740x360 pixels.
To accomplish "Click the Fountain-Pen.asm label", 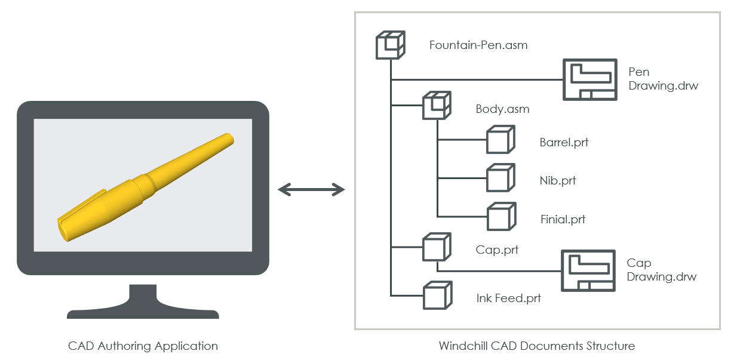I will [x=478, y=45].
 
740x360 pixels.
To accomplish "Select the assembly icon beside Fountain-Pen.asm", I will [x=390, y=44].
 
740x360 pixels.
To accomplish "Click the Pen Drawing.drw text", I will [x=662, y=79].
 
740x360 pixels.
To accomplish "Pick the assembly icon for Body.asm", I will [x=437, y=106].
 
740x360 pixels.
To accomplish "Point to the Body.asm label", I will [x=502, y=109].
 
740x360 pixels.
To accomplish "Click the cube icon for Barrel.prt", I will [x=500, y=140].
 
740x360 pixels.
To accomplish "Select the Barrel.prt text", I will [x=564, y=143].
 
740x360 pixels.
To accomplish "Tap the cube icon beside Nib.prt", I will [x=500, y=177].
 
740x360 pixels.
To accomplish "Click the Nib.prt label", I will [x=557, y=180].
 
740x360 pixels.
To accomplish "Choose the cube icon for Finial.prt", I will [x=501, y=216].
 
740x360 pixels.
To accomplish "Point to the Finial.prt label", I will [x=562, y=219].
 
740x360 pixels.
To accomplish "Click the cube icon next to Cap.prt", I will [x=436, y=246].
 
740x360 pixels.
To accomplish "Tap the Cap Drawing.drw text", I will [x=661, y=270].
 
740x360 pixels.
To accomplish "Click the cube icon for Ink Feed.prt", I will [x=436, y=295].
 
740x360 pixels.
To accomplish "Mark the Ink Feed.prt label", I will [x=508, y=298].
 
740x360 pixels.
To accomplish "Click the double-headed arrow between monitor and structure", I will [x=311, y=190].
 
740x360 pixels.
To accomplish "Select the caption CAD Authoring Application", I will [x=143, y=346].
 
